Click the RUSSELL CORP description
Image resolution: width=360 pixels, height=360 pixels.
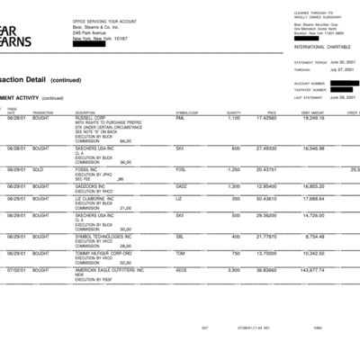(93, 118)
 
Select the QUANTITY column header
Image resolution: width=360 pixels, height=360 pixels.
(233, 112)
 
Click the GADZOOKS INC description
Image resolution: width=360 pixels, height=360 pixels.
(94, 186)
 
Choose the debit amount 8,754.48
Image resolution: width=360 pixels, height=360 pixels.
(314, 236)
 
